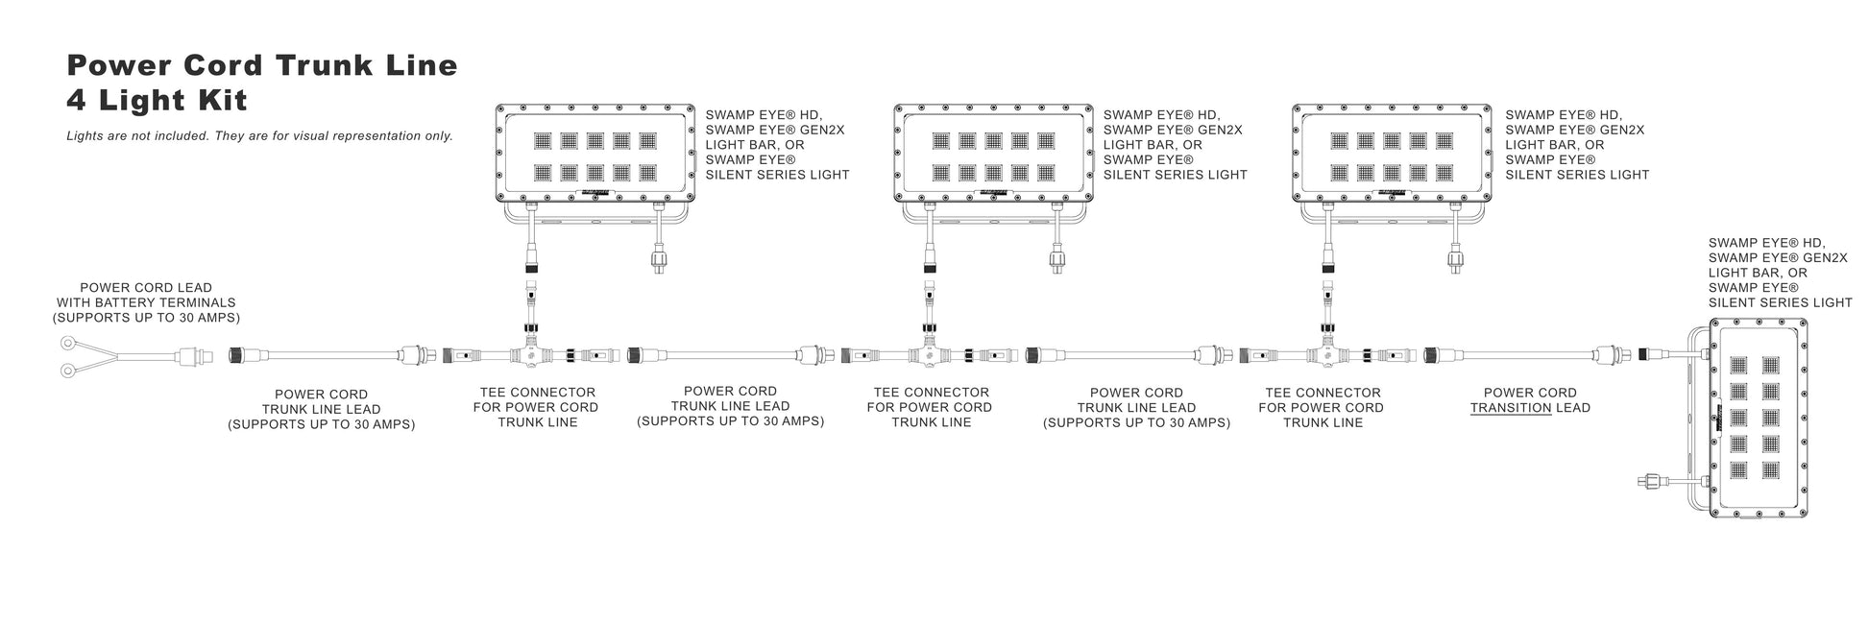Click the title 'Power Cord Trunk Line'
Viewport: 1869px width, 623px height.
[261, 65]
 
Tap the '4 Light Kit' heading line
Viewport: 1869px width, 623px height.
[158, 100]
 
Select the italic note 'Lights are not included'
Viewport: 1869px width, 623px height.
[259, 136]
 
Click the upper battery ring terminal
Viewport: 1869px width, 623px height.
[68, 343]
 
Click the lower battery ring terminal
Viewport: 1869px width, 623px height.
[68, 370]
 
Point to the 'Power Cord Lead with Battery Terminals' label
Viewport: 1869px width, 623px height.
[146, 302]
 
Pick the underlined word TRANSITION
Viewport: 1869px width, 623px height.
[1511, 408]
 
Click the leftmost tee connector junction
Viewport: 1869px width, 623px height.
[529, 355]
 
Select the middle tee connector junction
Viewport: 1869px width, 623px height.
[929, 355]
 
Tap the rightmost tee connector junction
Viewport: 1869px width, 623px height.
[1327, 355]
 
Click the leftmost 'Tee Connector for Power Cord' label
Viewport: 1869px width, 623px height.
[537, 407]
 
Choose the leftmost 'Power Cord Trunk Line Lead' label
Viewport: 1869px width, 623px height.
[321, 409]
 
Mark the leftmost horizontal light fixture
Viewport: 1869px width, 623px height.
[595, 154]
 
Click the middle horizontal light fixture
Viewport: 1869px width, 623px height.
[993, 154]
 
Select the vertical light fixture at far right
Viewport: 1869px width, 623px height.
[1757, 418]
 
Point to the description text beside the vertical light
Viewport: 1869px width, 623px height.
[1780, 273]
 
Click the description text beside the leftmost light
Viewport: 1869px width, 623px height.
[777, 145]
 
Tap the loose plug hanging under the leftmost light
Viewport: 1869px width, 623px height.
[659, 259]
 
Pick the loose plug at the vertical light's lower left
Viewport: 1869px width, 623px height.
[1650, 479]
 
